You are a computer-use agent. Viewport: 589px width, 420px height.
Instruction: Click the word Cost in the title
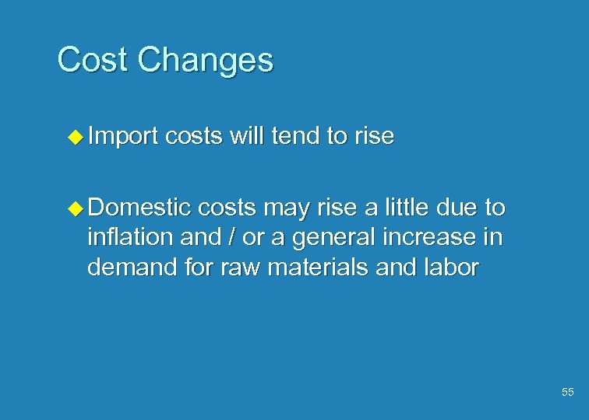pos(87,60)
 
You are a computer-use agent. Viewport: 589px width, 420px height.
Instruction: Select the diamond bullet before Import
pos(74,138)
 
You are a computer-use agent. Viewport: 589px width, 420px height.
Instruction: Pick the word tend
pos(294,137)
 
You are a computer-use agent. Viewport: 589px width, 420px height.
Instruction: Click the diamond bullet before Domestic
pos(74,208)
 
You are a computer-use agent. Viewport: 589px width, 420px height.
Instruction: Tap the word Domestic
pos(139,208)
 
